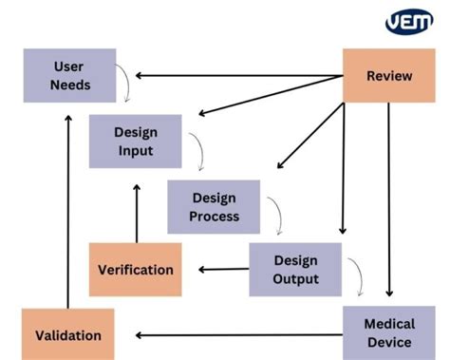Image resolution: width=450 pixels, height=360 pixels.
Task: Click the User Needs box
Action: pyautogui.click(x=70, y=75)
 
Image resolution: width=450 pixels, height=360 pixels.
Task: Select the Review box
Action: pyautogui.click(x=389, y=75)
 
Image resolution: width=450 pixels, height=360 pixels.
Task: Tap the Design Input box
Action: pyautogui.click(x=135, y=141)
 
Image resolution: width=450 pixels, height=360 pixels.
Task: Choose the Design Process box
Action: pyautogui.click(x=214, y=206)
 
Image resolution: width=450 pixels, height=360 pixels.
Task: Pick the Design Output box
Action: pyautogui.click(x=294, y=269)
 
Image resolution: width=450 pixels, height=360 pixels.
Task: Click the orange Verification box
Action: pyautogui.click(x=136, y=269)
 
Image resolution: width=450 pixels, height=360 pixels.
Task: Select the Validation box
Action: pyautogui.click(x=67, y=334)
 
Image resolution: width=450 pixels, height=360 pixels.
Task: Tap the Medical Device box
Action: pyautogui.click(x=389, y=332)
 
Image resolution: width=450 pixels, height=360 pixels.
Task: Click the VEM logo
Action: pyautogui.click(x=408, y=22)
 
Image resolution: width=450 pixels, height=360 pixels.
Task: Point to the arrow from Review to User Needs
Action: pyautogui.click(x=237, y=75)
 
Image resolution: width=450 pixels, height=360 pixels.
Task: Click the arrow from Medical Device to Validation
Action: pyautogui.click(x=237, y=334)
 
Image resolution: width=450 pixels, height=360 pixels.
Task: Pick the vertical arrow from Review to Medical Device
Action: pyautogui.click(x=389, y=199)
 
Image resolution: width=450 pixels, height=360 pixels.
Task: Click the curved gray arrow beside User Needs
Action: pyautogui.click(x=124, y=84)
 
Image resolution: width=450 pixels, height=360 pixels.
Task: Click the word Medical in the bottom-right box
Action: pyautogui.click(x=389, y=324)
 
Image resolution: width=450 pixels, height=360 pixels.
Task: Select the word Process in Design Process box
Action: pyautogui.click(x=214, y=216)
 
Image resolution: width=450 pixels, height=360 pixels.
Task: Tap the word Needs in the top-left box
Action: pyautogui.click(x=70, y=85)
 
